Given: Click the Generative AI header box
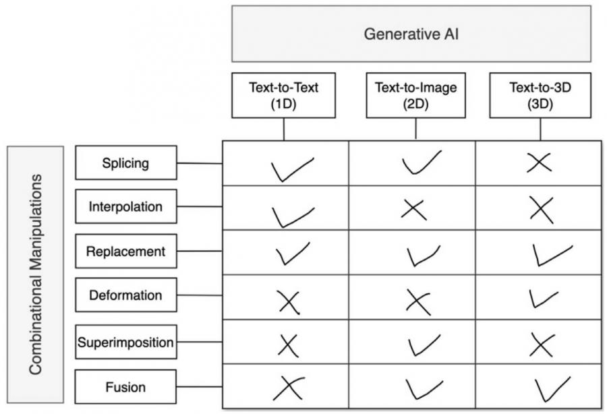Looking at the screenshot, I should pos(411,34).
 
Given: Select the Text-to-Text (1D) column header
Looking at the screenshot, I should pos(283,95).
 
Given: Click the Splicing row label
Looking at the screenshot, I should pos(126,162).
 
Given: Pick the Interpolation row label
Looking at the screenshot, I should pos(126,207).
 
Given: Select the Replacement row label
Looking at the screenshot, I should pos(126,252).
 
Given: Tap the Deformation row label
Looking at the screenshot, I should pos(126,295).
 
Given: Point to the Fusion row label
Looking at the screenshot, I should pos(126,387).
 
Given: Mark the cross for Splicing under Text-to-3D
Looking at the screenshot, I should pos(540,162).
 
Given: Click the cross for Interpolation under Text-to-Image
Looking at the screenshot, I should pos(413,209).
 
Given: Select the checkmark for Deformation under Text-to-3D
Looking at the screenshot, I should pos(544,298).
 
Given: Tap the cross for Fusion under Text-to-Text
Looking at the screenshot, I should pos(287,388).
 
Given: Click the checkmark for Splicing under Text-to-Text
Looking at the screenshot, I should pos(291,169).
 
